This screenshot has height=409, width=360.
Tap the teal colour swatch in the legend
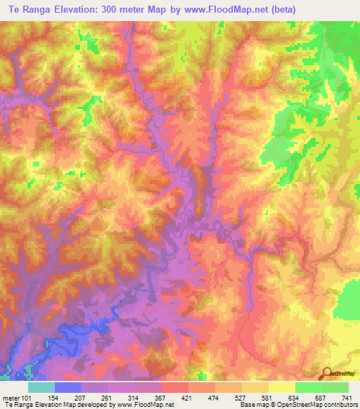point(41,387)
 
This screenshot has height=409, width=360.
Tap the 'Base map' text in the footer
point(255,405)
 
